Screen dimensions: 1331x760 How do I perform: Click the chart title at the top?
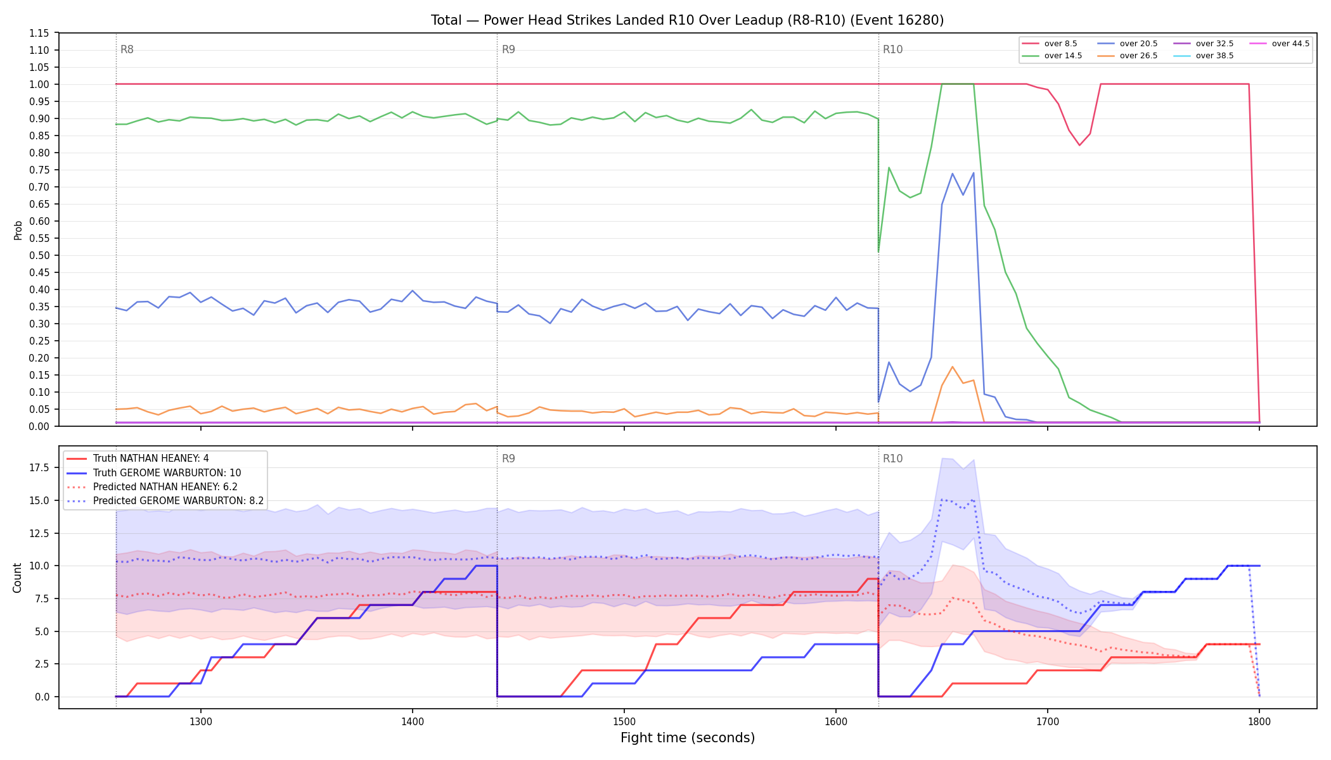687,20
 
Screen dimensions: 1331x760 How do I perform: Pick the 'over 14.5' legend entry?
1052,56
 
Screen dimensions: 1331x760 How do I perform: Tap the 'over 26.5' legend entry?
1128,56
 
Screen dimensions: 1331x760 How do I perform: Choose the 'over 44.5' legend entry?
1280,44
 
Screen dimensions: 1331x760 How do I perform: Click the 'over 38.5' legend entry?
1204,56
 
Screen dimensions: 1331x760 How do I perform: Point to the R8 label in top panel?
127,49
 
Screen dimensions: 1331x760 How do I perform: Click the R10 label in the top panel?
892,49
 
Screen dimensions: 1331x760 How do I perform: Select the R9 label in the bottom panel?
508,459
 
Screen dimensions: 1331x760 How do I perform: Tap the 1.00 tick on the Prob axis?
40,84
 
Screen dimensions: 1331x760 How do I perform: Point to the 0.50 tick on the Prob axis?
40,255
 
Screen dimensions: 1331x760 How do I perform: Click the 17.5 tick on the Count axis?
40,467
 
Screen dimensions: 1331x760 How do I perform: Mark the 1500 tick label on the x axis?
624,721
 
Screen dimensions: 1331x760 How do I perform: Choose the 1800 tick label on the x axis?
1259,721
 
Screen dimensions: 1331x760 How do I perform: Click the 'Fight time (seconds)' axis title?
688,738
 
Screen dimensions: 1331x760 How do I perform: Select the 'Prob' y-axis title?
18,230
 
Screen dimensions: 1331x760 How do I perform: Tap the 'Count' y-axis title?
17,578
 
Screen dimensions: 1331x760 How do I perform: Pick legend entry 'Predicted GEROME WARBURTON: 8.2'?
165,501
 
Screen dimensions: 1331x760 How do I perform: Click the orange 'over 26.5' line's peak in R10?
952,367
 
